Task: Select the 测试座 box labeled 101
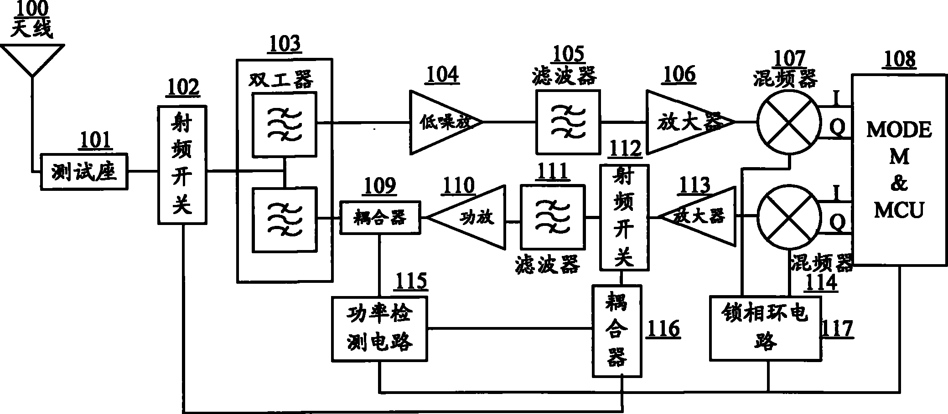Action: pos(84,172)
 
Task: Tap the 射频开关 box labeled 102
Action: pos(182,165)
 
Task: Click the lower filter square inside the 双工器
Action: pos(285,220)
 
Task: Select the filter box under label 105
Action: pos(568,122)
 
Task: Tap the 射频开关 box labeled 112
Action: pos(623,217)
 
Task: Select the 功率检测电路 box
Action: pos(380,329)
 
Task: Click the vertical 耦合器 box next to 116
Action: pos(617,331)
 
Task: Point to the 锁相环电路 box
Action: pos(766,328)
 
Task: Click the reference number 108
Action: pos(900,60)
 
